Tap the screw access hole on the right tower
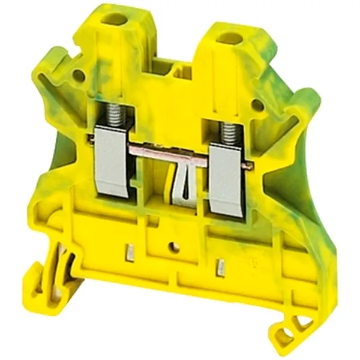coord(229,39)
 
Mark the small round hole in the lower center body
coord(175,247)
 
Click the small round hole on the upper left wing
coord(78,76)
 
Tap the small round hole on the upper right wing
coord(257,105)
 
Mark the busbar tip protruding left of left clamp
coord(91,140)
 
